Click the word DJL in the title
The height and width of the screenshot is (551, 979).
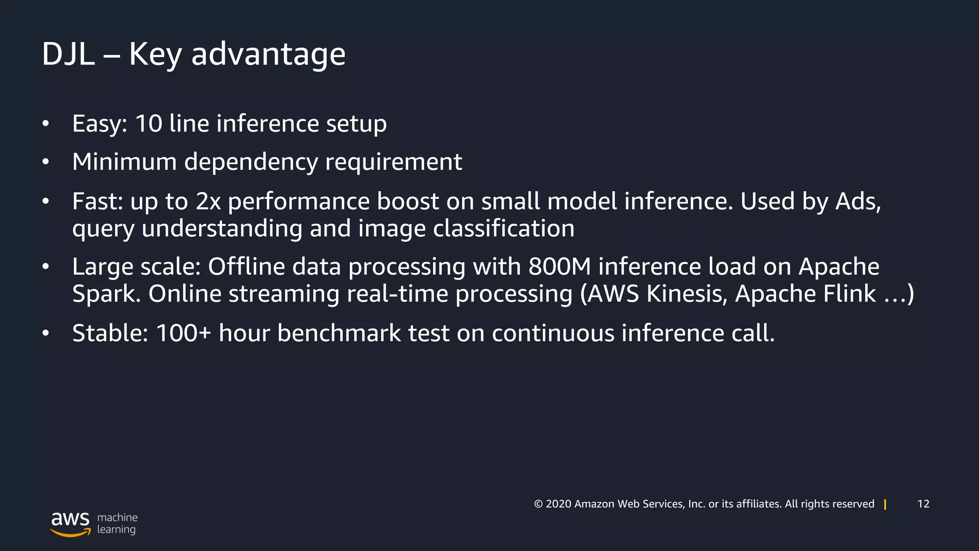[68, 54]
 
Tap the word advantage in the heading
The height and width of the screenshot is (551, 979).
[268, 54]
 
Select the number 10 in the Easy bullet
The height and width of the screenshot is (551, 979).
[149, 123]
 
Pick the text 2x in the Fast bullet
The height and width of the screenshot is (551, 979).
[208, 201]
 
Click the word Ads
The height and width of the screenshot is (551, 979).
[858, 201]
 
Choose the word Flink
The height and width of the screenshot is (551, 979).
[847, 294]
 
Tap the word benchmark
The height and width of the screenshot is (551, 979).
[339, 333]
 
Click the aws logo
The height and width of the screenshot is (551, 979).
[70, 523]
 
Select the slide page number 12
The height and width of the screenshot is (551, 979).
[923, 504]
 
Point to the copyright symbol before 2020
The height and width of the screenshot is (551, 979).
[538, 504]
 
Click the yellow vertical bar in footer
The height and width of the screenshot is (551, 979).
[885, 504]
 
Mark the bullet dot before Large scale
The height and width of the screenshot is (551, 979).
[45, 266]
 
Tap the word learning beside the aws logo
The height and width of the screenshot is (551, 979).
[116, 529]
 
